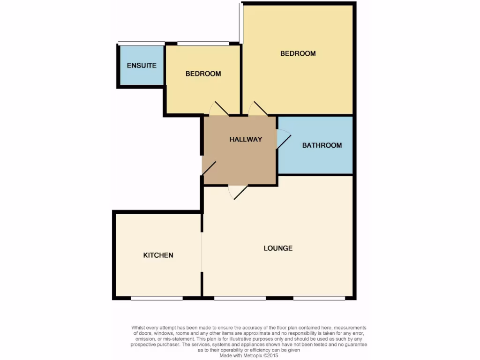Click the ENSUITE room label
tap(142, 66)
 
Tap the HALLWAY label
tap(246, 139)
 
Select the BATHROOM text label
tap(322, 145)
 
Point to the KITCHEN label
tap(158, 255)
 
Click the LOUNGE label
tap(278, 248)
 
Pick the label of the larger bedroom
tap(298, 53)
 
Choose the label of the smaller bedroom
tap(203, 74)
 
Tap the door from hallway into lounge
tap(238, 191)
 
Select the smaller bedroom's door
tap(218, 109)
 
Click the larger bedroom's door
tap(258, 109)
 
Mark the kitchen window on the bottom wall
tap(157, 298)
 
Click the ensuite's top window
tap(141, 44)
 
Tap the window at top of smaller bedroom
tap(203, 44)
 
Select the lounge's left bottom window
tap(240, 298)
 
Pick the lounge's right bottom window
tap(319, 298)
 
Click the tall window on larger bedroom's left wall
tap(241, 23)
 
